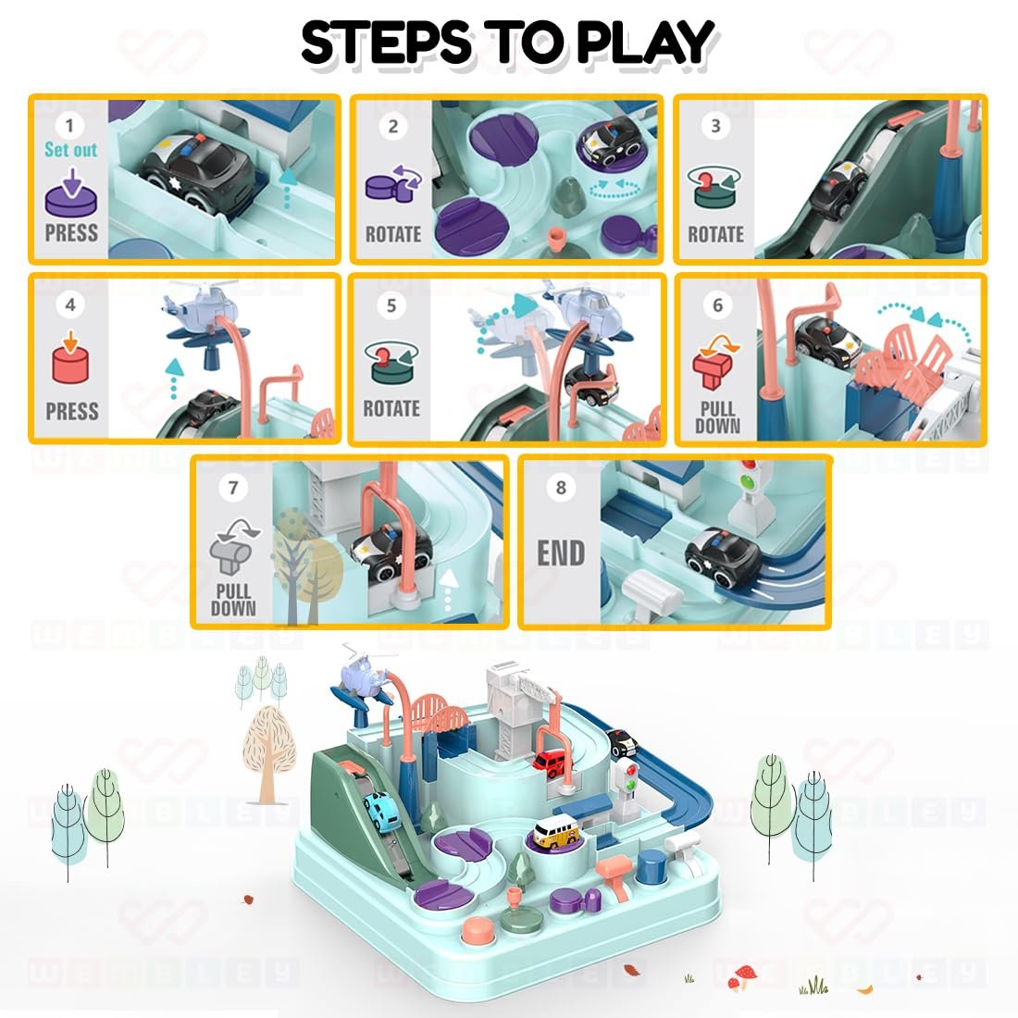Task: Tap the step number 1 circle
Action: (x=70, y=124)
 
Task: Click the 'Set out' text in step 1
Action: (x=70, y=149)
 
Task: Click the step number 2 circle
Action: (x=392, y=126)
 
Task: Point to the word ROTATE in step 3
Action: (x=715, y=233)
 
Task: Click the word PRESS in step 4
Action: (x=71, y=411)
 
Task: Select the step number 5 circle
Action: (x=391, y=305)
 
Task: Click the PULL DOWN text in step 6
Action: (x=717, y=417)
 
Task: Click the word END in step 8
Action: (x=561, y=553)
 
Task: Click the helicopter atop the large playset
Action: (x=364, y=678)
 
